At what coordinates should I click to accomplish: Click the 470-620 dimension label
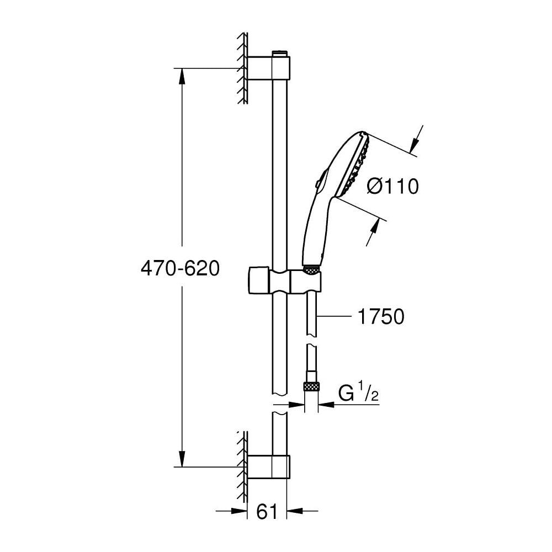coord(181,269)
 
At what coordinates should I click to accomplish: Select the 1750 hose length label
coord(381,316)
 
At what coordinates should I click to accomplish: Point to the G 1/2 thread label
coord(358,393)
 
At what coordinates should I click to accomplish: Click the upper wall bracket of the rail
coord(269,68)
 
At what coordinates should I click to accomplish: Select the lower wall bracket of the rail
coord(269,467)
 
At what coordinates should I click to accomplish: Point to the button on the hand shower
coord(318,184)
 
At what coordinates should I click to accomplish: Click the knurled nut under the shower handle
coord(311,270)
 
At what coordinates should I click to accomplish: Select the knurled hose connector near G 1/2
coord(311,387)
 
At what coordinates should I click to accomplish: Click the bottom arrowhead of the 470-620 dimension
coord(182,459)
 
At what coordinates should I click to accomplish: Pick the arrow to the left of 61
coord(232,510)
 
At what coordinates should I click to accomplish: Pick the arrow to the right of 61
coord(302,510)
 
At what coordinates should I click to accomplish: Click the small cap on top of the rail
coord(280,53)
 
